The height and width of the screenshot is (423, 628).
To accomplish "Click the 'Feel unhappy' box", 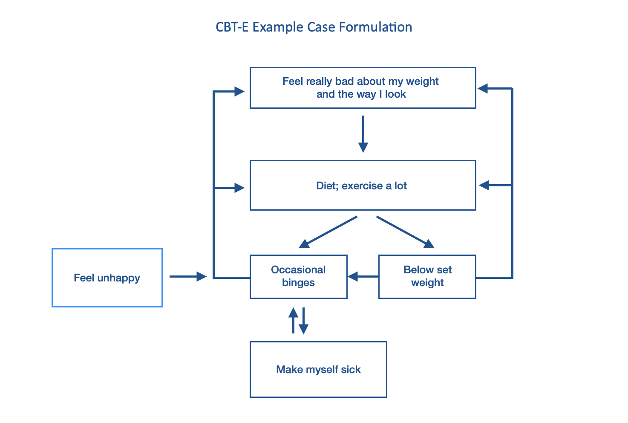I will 107,278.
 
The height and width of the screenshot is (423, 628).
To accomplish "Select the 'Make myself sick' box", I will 318,369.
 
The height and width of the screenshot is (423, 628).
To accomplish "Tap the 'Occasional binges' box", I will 298,276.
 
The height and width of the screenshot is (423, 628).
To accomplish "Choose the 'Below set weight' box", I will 427,276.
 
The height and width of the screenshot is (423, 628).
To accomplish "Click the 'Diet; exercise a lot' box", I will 363,185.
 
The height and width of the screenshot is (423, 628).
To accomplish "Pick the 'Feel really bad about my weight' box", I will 363,87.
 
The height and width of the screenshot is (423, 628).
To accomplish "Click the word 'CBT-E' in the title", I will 232,27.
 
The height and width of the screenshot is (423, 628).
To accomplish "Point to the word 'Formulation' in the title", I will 376,27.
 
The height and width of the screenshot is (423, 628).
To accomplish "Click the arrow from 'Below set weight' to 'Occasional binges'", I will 363,276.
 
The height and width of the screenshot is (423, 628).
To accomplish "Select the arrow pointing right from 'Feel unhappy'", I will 188,276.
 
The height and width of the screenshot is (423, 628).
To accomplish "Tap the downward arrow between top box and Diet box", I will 363,134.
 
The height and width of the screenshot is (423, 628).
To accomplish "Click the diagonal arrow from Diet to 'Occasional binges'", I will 328,232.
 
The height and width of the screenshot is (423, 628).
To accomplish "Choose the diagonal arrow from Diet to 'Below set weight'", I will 405,232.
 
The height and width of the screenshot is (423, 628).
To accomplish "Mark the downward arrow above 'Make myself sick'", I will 303,321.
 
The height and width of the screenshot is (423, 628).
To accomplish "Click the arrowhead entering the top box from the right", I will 483,88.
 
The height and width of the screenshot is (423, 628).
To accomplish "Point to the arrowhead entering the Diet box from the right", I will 484,185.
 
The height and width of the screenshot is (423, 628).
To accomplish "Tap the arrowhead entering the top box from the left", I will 239,91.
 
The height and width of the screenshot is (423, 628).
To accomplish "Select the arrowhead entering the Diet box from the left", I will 239,188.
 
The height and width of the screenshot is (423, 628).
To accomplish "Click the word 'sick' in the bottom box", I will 351,369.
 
